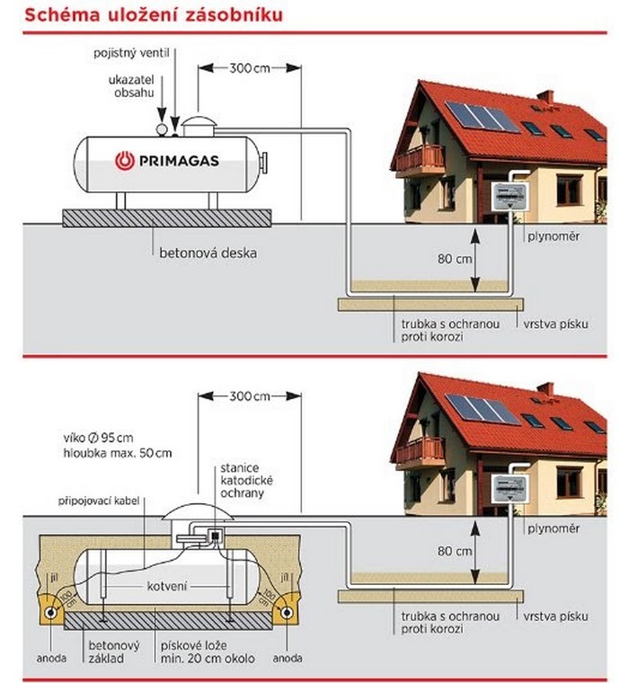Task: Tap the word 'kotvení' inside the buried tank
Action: [167, 587]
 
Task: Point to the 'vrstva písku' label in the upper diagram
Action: [555, 324]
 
